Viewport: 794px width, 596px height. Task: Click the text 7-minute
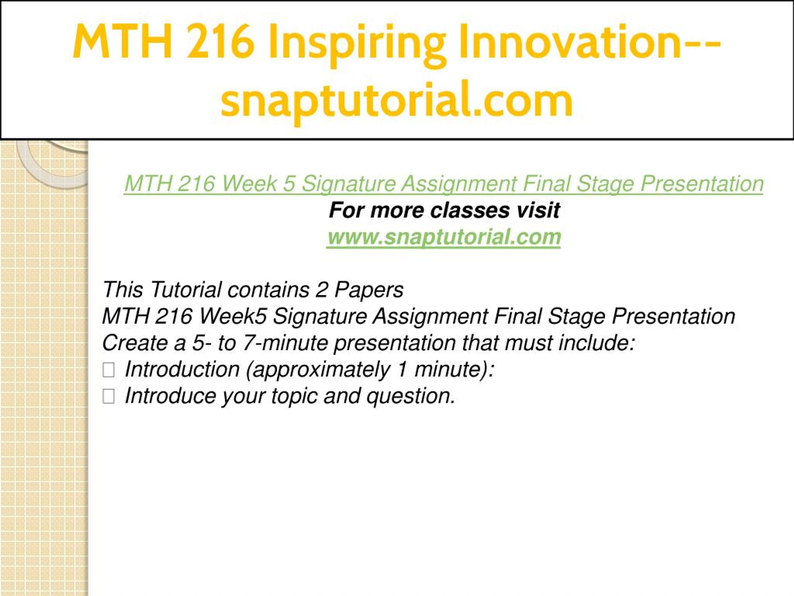coord(285,343)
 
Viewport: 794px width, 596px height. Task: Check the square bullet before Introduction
coord(109,370)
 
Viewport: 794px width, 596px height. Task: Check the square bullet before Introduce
coord(109,396)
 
